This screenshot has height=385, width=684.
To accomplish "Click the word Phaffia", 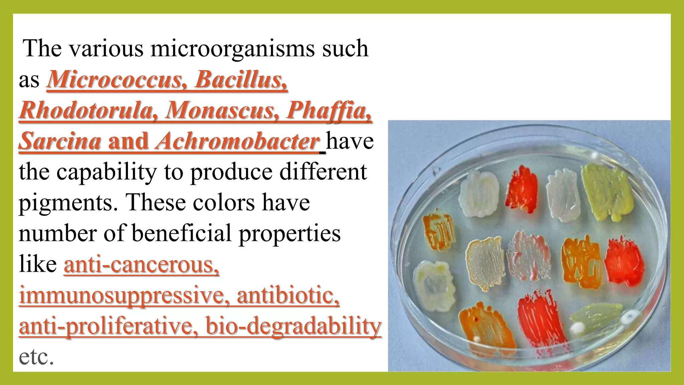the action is [329, 110].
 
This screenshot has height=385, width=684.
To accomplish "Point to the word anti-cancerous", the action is [142, 265].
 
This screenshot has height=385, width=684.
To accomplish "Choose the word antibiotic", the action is [288, 295].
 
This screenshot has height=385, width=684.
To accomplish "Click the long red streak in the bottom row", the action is [538, 319].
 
